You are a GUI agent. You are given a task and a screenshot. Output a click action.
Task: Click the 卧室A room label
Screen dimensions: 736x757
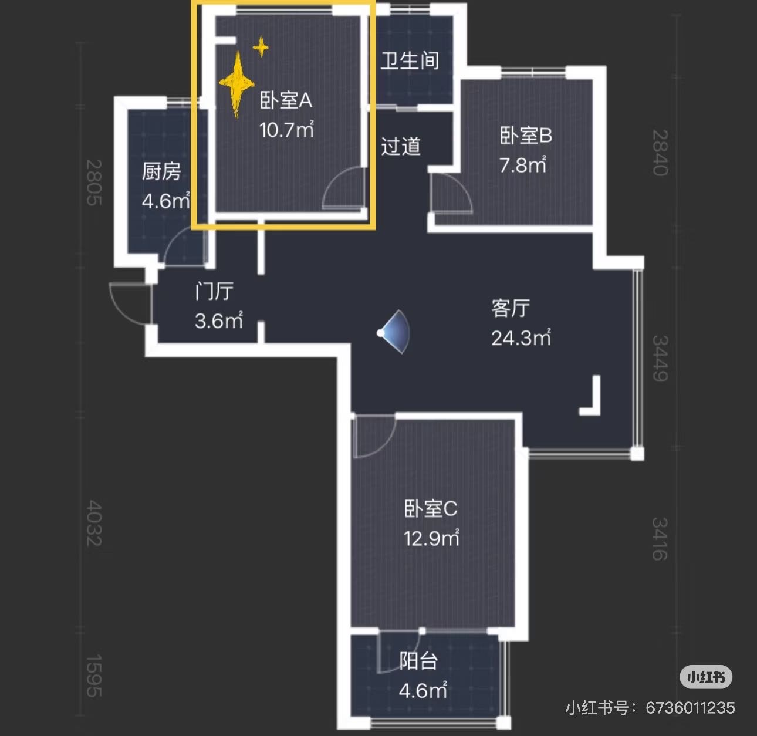coord(286,100)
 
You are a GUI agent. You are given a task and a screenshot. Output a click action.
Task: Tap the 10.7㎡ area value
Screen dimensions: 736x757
coord(286,129)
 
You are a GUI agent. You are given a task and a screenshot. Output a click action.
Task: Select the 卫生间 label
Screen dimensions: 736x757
coord(410,60)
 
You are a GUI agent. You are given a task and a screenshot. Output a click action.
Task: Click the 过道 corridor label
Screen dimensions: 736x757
coord(401,146)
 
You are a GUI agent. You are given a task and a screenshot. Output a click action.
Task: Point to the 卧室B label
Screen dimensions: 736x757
coord(526,136)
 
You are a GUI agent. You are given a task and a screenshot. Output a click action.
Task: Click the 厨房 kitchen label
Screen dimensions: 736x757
coord(161,171)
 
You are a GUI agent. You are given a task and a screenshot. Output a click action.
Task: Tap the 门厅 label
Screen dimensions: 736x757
coord(214,291)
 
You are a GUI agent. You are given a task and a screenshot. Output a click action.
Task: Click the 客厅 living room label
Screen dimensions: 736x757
coord(511,308)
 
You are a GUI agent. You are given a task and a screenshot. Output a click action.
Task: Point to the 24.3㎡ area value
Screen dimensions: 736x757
coord(521,337)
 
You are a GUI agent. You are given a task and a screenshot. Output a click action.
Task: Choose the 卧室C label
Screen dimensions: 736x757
coord(431,508)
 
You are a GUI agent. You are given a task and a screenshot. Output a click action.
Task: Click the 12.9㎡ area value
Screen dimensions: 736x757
coord(431,538)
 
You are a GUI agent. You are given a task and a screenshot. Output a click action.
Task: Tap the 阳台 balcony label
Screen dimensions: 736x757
coord(418,661)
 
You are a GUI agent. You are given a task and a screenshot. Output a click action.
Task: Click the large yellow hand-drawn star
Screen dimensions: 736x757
coord(236,84)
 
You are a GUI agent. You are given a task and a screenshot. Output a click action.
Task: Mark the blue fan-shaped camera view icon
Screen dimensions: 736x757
coord(395,332)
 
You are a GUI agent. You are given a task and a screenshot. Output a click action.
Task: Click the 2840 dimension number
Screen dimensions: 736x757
coord(660,153)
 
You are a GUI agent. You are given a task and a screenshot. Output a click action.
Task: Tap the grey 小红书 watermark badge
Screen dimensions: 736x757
coord(706,677)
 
